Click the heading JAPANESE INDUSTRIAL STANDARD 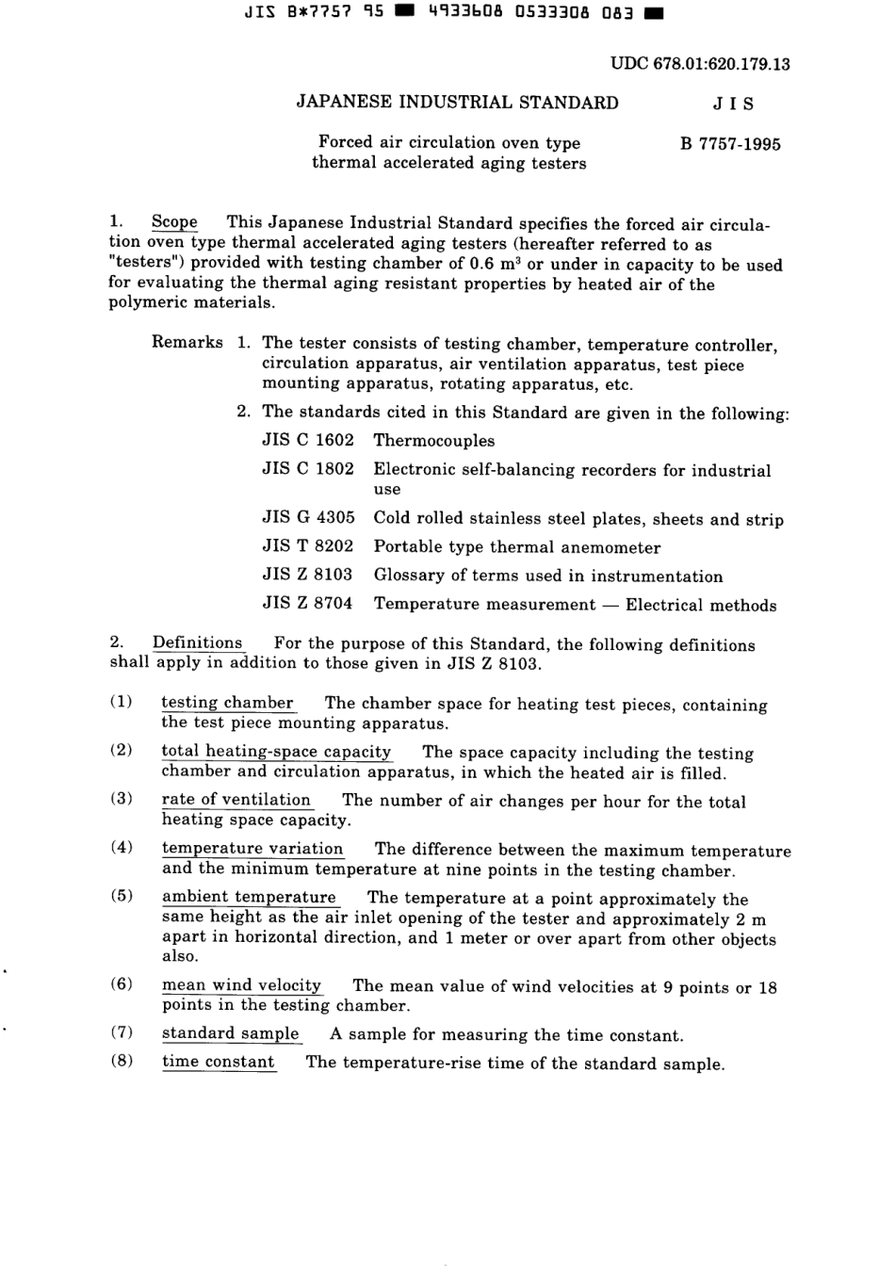tap(457, 103)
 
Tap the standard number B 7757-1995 tap(730, 144)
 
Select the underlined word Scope tap(174, 222)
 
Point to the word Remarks tap(187, 342)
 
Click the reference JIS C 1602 tap(308, 440)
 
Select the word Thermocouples tap(433, 440)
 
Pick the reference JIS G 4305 tap(308, 518)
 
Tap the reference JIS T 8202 tap(308, 546)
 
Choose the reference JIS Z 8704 tap(308, 604)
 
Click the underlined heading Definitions tap(197, 643)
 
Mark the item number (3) tap(122, 798)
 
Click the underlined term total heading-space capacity tap(276, 751)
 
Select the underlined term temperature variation tap(252, 848)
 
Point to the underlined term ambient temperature tap(249, 897)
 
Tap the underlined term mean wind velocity tap(241, 985)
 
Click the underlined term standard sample tap(230, 1033)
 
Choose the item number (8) tap(122, 1061)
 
